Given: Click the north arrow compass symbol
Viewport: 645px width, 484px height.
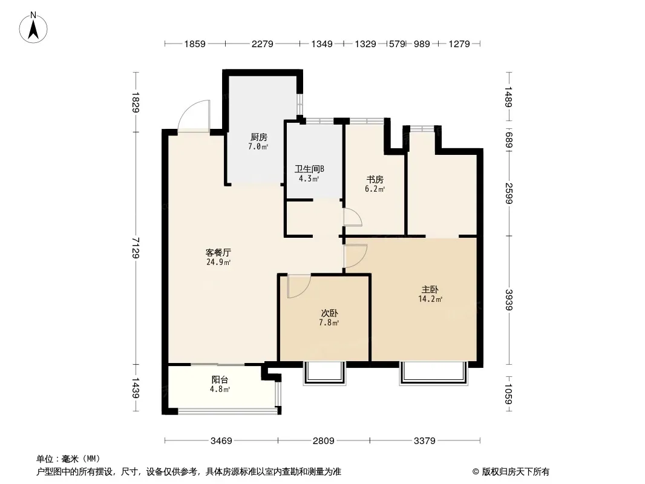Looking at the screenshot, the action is (33, 28).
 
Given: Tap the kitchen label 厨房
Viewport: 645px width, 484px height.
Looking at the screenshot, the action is (259, 137).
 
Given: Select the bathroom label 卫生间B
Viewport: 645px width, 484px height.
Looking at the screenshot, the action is (309, 169).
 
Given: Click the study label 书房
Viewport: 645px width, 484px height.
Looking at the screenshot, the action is (375, 180).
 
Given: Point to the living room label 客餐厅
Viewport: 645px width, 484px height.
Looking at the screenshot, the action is (218, 252).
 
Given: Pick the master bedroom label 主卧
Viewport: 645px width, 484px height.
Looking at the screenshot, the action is (430, 290).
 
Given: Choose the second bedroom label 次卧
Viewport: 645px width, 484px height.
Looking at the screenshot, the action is (329, 313).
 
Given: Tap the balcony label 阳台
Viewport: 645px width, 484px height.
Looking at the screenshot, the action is (220, 380).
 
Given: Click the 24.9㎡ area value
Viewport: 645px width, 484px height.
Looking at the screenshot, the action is (218, 263).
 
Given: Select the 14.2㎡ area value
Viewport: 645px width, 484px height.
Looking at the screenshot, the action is (430, 299).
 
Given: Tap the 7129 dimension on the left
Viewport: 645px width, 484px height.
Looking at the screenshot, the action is (136, 248).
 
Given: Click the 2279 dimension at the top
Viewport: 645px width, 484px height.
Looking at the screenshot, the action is (263, 44).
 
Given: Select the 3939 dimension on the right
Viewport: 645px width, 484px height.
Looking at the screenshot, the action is (509, 300).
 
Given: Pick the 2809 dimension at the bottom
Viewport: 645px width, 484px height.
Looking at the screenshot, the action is (323, 441).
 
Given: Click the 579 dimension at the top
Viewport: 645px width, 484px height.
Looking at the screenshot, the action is (397, 44).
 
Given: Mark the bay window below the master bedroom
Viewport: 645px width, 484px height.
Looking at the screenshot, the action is (434, 373).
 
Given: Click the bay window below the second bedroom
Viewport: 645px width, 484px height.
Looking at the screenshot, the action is (324, 373).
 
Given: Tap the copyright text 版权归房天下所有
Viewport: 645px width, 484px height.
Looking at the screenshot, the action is (516, 472).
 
